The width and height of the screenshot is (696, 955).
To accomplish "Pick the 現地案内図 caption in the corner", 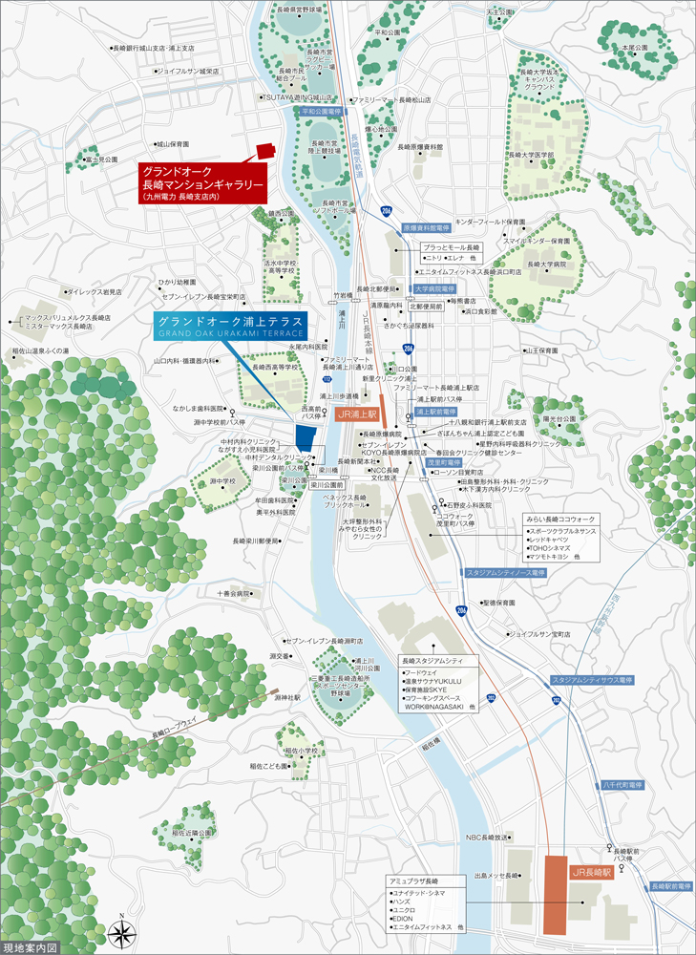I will [32, 947].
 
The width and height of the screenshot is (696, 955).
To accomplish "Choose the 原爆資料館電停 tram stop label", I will [425, 229].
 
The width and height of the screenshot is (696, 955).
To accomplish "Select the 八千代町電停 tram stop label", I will [622, 784].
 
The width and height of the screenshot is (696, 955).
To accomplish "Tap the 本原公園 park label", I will [634, 47].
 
